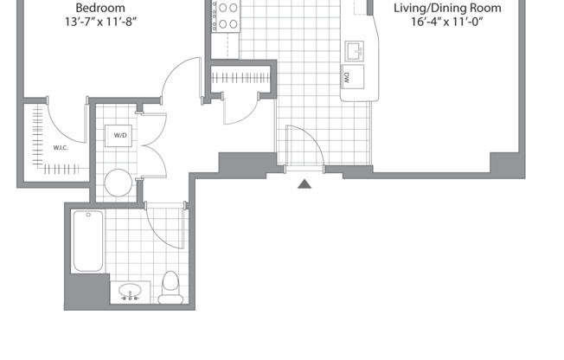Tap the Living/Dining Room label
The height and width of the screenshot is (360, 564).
445,8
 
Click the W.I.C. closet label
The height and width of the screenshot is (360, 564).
61,146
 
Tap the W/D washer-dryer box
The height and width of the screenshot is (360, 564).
119,135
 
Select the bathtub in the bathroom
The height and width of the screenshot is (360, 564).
88,241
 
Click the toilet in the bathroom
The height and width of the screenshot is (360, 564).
170,286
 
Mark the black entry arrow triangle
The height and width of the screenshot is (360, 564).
304,183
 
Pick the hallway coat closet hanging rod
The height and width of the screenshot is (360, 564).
242,77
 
